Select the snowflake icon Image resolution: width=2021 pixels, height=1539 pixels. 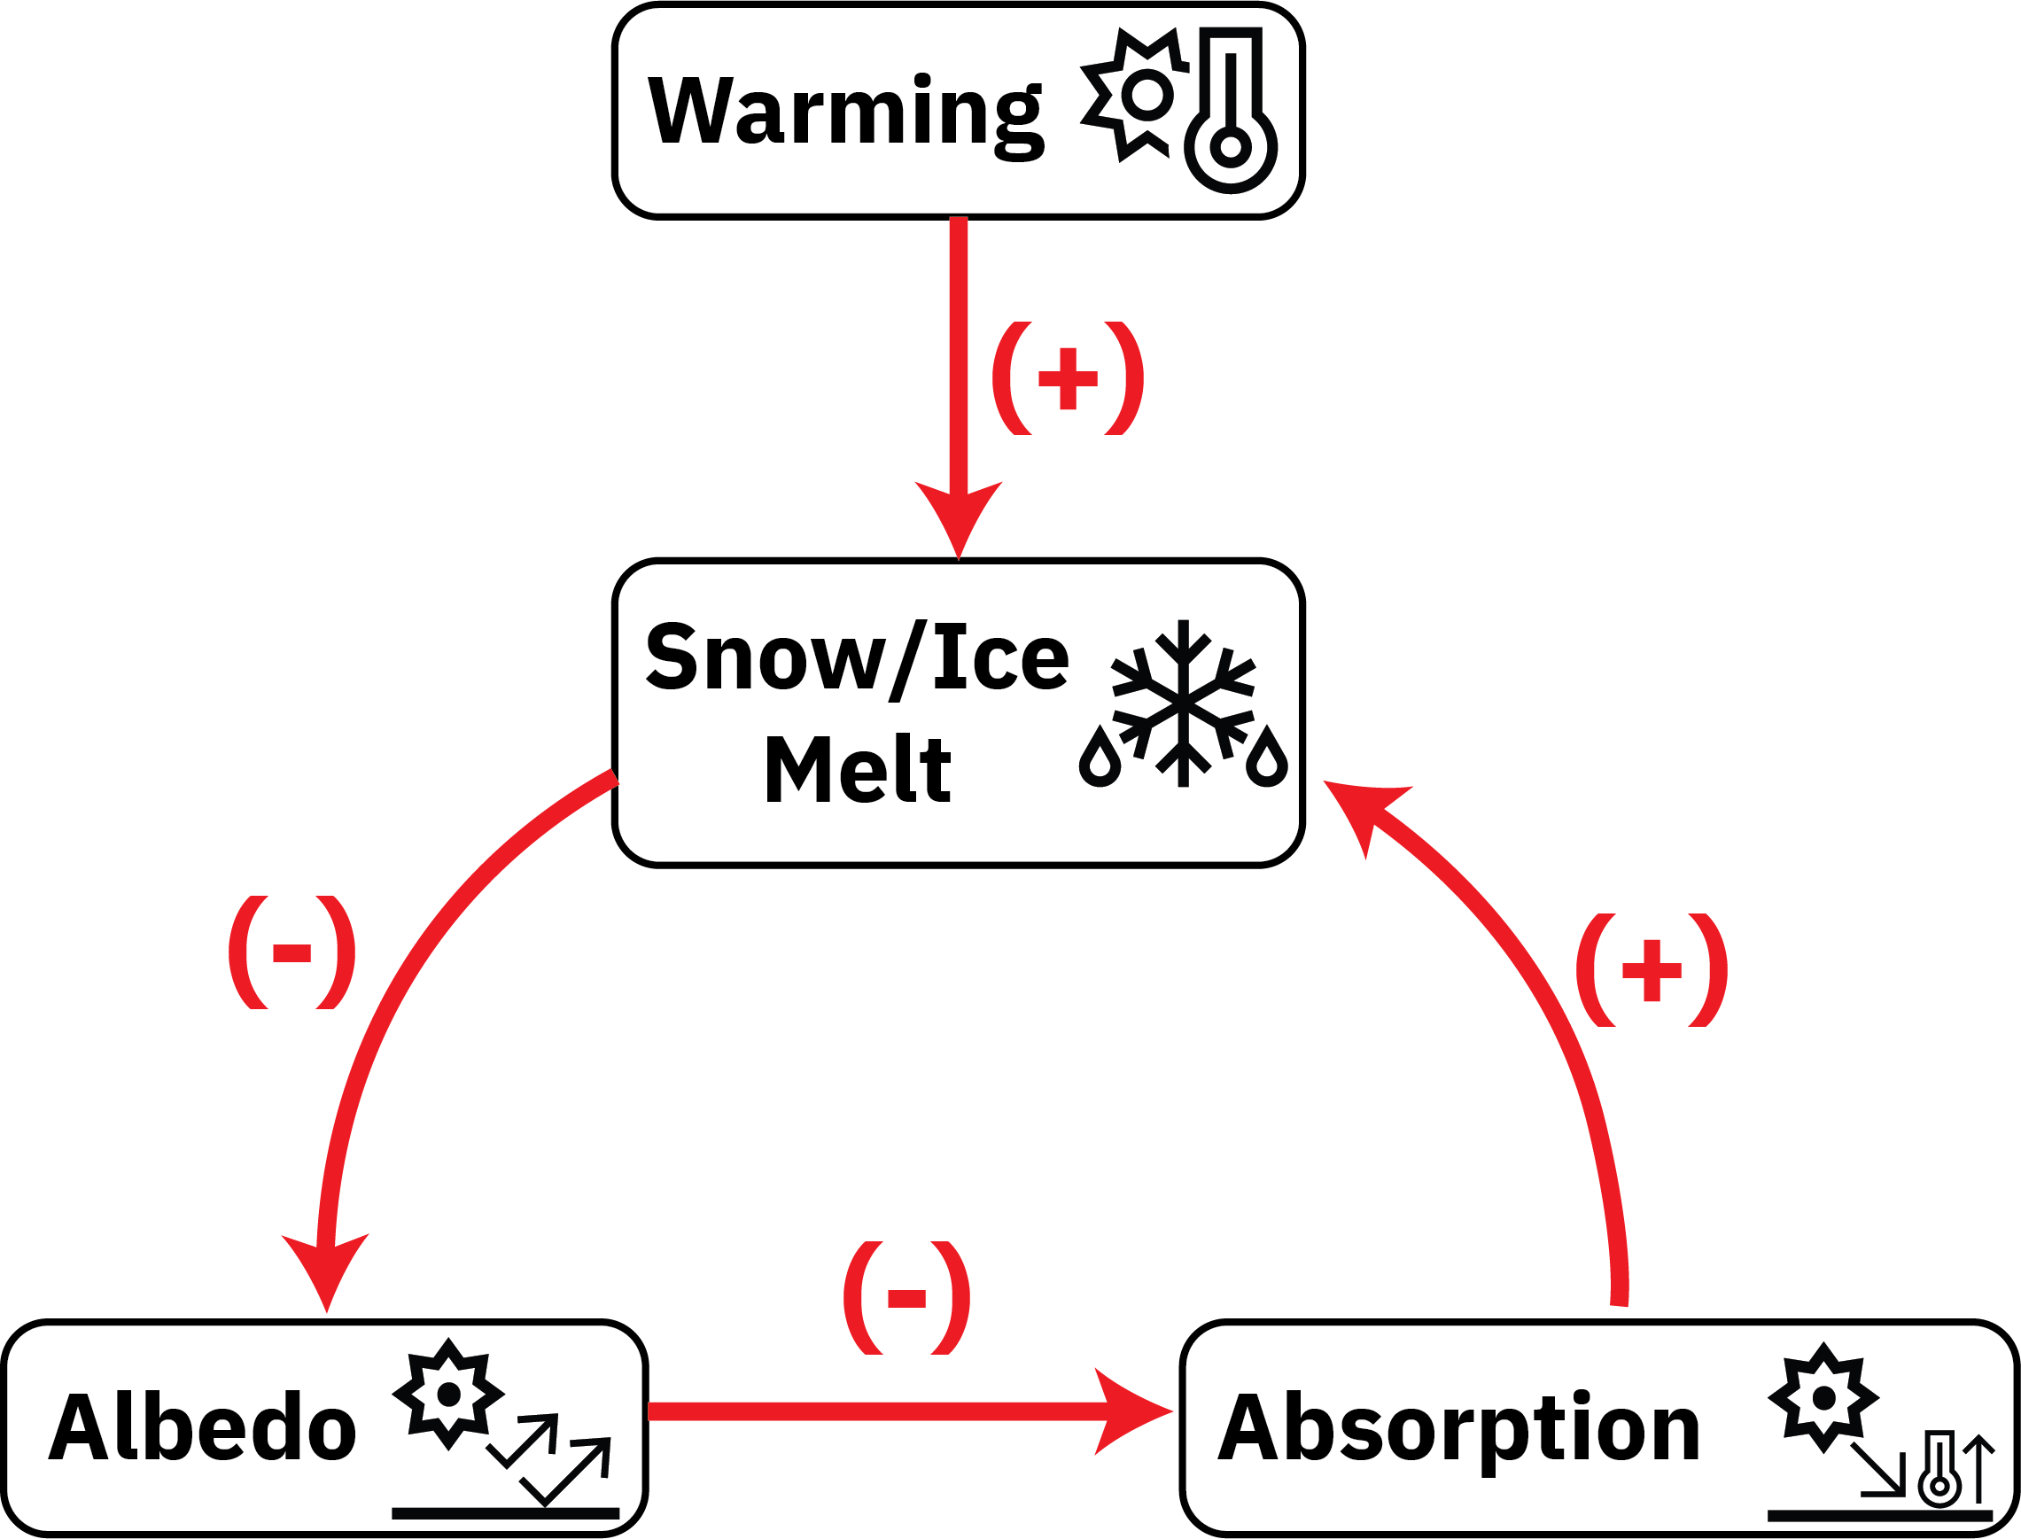point(1183,703)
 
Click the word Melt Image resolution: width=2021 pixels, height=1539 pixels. point(858,769)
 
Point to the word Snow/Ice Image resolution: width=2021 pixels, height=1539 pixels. point(858,657)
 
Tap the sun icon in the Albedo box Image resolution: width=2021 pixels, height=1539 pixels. point(448,1394)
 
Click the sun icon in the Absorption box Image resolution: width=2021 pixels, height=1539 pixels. point(1823,1398)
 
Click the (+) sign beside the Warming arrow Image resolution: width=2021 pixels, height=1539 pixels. point(1068,377)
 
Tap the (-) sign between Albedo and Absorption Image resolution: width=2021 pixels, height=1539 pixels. point(906,1298)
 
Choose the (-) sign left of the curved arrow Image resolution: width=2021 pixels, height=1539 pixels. point(291,952)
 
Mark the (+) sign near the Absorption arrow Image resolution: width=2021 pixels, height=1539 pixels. point(1652,970)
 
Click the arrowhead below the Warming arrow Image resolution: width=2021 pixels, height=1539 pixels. point(959,517)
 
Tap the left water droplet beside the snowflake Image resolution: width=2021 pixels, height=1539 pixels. point(1100,758)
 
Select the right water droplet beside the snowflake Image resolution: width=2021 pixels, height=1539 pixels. point(1267,758)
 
